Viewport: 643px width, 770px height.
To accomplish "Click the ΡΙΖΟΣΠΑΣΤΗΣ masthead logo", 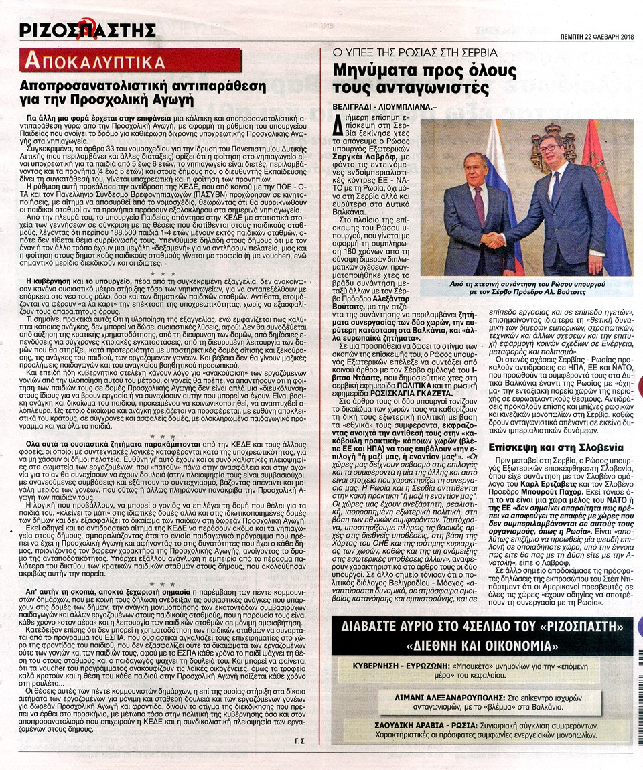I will pos(88,30).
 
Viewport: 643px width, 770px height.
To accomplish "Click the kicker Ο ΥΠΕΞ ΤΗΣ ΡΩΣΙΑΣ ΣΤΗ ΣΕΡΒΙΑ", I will pos(415,52).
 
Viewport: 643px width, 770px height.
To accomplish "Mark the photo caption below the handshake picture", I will pos(526,288).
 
